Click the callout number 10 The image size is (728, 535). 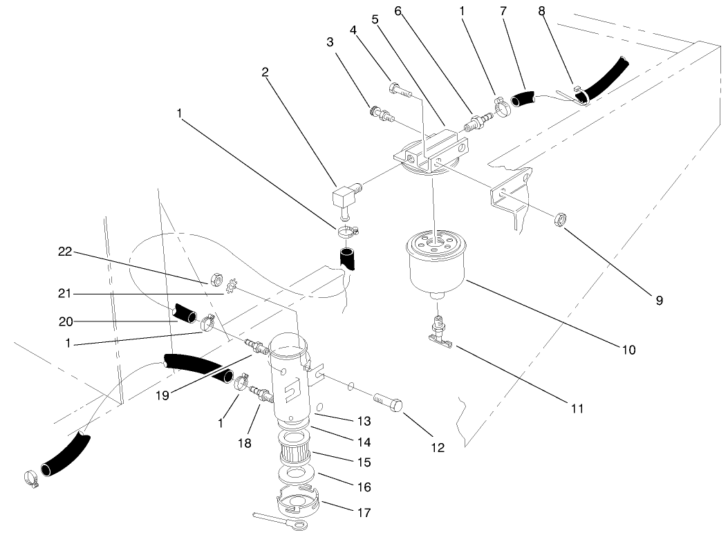pos(628,350)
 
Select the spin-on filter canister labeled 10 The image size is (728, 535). pos(436,265)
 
